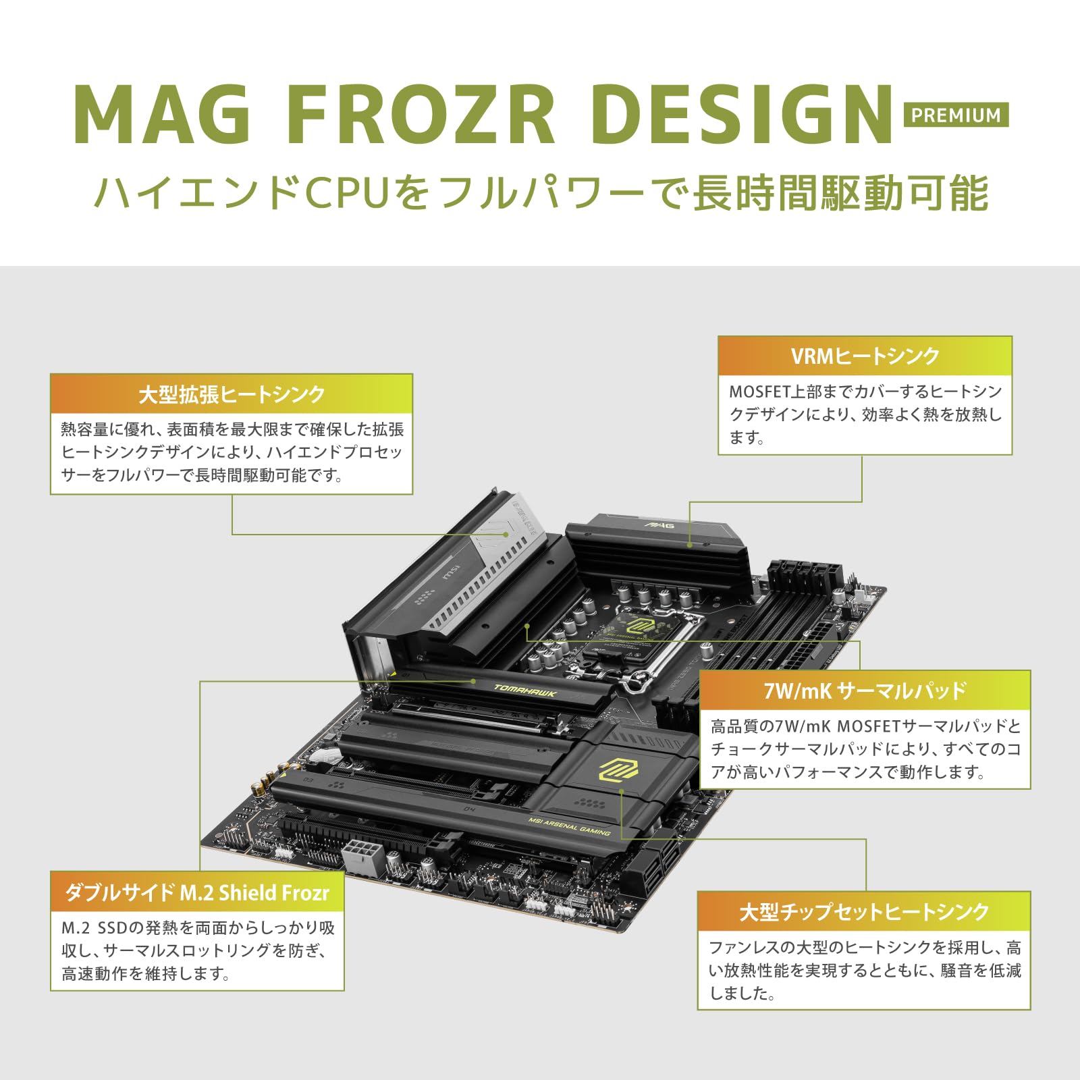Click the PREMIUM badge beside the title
[956, 115]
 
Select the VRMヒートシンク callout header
[865, 356]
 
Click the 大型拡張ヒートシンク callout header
[232, 394]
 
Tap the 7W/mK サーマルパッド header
[865, 691]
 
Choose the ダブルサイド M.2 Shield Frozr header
[197, 892]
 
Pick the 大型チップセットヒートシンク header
[864, 911]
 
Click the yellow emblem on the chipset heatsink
[618, 768]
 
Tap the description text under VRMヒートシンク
[865, 414]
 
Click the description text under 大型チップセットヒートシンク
[864, 970]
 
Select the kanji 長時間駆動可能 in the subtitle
[840, 193]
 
